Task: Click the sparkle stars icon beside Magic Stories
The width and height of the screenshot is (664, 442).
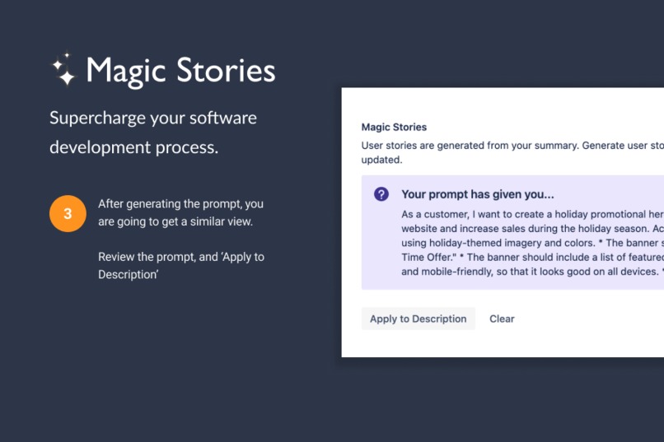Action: (x=63, y=70)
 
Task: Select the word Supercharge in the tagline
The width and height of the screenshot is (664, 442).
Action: (x=96, y=118)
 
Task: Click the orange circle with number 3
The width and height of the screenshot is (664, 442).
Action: (x=68, y=213)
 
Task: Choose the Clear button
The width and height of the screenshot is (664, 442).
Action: (x=502, y=319)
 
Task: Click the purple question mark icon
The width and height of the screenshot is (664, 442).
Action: (x=381, y=194)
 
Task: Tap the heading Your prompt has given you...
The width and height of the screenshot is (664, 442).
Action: (x=478, y=194)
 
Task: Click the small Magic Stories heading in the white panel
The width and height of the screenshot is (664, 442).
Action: (x=394, y=128)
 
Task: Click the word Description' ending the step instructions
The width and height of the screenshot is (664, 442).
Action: (x=128, y=274)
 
